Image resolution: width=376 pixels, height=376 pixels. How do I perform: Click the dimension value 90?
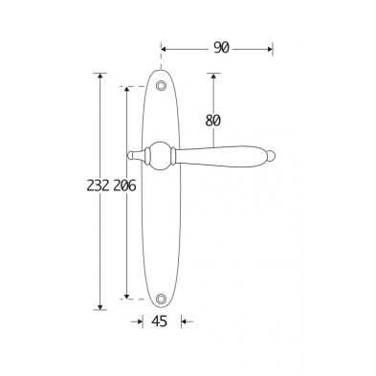pyautogui.click(x=221, y=48)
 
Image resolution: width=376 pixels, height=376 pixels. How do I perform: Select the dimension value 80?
pyautogui.click(x=213, y=121)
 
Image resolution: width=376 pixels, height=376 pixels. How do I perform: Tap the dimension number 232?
pyautogui.click(x=99, y=186)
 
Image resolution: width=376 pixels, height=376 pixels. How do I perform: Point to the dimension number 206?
pyautogui.click(x=124, y=186)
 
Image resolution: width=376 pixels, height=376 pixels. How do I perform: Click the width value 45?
pyautogui.click(x=159, y=321)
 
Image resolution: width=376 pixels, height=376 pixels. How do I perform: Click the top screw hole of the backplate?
pyautogui.click(x=161, y=86)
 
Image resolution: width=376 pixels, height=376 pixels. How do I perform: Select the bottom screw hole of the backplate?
pyautogui.click(x=162, y=299)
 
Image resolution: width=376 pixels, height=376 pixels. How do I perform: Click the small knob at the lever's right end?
pyautogui.click(x=271, y=156)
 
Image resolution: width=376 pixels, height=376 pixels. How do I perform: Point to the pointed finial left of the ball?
pyautogui.click(x=136, y=155)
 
